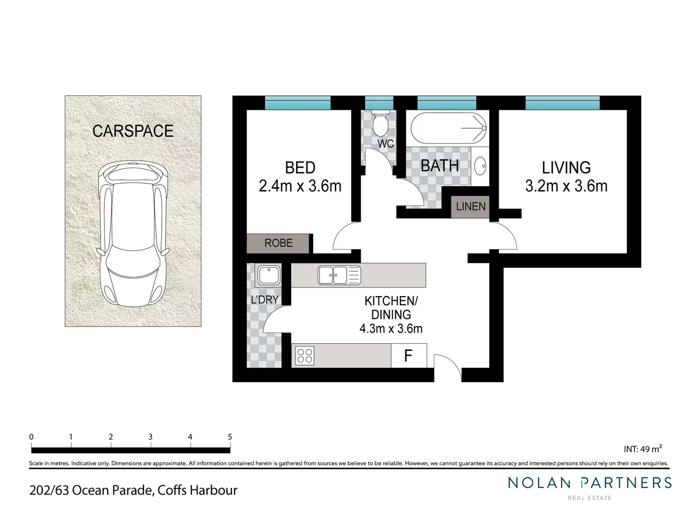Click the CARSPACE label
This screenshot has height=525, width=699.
coord(133,131)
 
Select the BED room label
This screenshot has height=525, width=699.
coord(300,168)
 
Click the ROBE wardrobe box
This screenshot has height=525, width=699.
coord(278,243)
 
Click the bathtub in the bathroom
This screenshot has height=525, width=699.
coord(448,128)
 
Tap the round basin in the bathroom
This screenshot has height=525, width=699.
coord(480,166)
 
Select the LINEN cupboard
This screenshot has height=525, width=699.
coord(470,207)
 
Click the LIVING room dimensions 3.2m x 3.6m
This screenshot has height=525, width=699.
coord(566,186)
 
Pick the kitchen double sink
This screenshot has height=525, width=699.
coord(339,275)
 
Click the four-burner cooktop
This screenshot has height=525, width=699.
coord(304,355)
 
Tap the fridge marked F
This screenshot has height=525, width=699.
coord(409,355)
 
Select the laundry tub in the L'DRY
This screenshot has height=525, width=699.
coord(268,275)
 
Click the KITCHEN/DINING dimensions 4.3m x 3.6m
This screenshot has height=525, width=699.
coord(391,329)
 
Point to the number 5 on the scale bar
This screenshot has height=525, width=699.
coord(230,437)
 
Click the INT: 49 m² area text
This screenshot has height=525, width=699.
coord(643,449)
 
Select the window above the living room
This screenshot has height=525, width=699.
coord(562,103)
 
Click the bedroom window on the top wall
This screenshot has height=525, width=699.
coord(298,103)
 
